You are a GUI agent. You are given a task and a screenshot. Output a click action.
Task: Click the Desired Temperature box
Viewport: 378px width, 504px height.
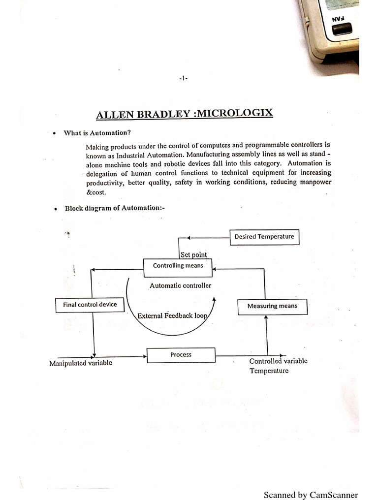click(264, 237)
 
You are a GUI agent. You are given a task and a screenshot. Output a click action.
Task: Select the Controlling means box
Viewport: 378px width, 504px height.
click(178, 266)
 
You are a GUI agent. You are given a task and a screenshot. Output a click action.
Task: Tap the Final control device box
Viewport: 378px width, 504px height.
click(90, 305)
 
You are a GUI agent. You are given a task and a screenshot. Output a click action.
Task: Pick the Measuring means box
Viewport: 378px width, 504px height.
click(272, 306)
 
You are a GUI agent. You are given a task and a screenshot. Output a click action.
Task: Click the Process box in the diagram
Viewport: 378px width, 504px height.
click(181, 355)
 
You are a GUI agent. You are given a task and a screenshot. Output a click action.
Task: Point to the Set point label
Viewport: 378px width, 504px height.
click(194, 254)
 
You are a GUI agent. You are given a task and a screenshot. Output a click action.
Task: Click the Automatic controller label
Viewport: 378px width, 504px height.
click(181, 285)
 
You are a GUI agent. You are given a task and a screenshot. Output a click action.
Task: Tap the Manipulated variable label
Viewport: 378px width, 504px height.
click(81, 363)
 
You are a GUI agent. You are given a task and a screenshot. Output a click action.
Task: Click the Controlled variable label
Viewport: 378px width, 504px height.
click(278, 361)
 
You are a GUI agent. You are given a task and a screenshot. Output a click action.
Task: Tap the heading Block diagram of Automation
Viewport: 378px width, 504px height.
click(115, 208)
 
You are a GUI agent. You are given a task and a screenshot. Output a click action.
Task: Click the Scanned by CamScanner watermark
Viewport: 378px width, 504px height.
click(311, 495)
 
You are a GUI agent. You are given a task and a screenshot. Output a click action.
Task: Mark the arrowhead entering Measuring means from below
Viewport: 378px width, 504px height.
click(266, 318)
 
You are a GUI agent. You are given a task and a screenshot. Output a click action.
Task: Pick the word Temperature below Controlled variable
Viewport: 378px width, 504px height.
click(269, 371)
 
